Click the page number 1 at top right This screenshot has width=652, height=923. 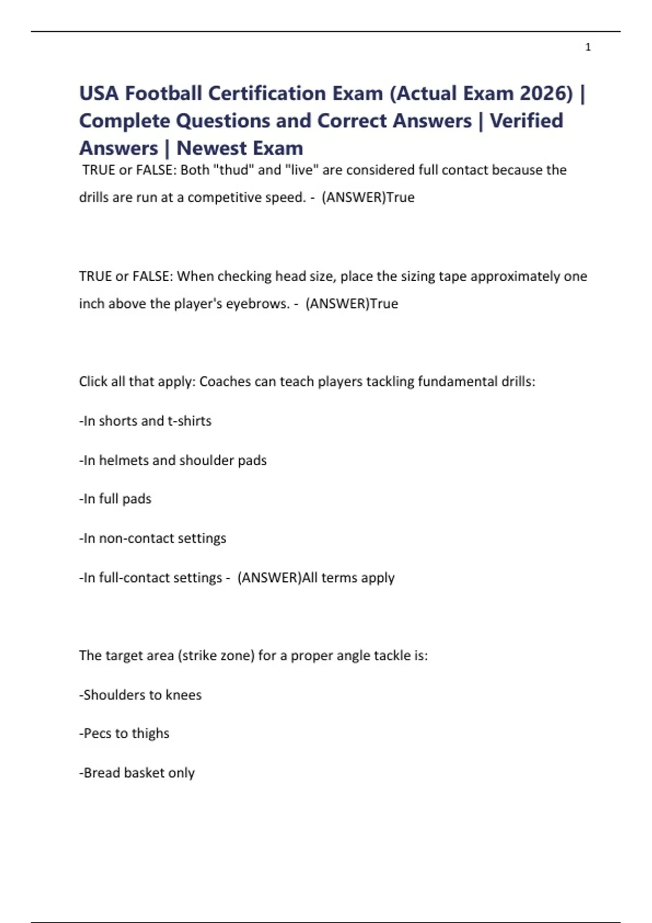pos(588,47)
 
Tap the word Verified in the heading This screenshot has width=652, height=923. pos(526,121)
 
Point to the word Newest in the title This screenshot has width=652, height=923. pos(210,148)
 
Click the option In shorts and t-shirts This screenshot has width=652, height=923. pos(146,421)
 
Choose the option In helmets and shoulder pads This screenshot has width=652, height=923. pos(173,460)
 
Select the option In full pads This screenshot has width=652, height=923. pos(116,499)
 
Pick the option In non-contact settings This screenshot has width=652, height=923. pos(153,539)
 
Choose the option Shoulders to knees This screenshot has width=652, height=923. pos(141,695)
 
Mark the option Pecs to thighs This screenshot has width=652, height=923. pos(124,734)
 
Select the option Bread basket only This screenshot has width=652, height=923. pos(137,773)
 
